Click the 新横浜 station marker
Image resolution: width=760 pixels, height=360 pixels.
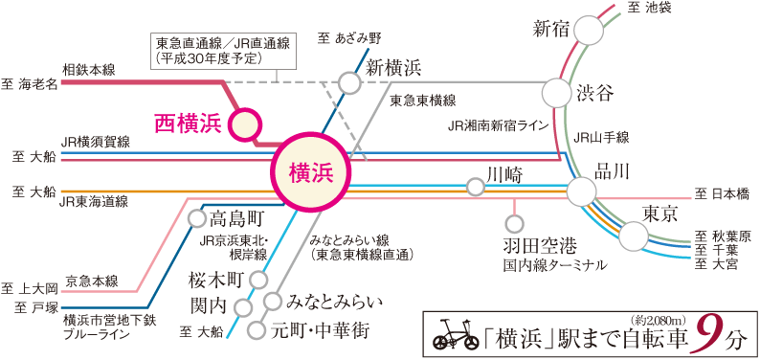click(x=351, y=83)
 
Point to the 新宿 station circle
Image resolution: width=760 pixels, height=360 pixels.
click(x=590, y=31)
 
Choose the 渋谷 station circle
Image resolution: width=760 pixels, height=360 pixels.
click(x=556, y=93)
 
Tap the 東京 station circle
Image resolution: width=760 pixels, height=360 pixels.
click(x=634, y=235)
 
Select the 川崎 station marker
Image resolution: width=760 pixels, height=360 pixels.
click(x=476, y=188)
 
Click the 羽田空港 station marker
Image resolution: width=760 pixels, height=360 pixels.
click(x=513, y=224)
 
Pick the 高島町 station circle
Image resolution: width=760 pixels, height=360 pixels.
click(x=196, y=218)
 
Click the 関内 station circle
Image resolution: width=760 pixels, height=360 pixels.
click(x=243, y=308)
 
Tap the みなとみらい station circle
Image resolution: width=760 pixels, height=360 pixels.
click(x=274, y=302)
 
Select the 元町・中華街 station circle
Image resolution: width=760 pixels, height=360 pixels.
click(x=257, y=330)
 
